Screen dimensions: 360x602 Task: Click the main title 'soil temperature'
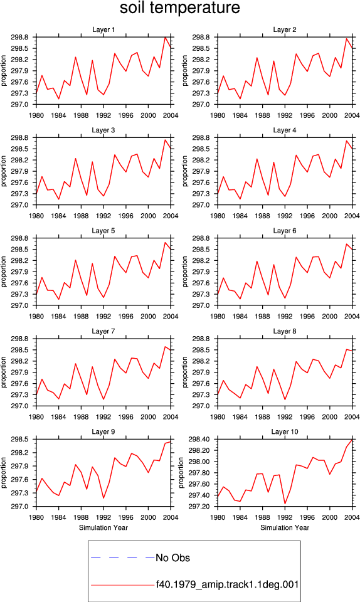click(x=179, y=8)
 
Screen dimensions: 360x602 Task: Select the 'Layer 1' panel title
click(x=103, y=29)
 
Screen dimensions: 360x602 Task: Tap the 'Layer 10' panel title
click(x=284, y=431)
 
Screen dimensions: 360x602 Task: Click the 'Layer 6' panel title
click(x=284, y=230)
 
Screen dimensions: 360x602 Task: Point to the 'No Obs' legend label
click(x=172, y=558)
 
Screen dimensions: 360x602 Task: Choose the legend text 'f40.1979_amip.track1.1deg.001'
click(x=227, y=584)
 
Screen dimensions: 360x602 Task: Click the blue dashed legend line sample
click(x=123, y=557)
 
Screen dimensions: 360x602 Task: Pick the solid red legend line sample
click(x=123, y=585)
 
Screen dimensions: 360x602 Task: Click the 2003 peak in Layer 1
click(x=165, y=37)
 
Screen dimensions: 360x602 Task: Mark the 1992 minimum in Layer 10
click(x=285, y=504)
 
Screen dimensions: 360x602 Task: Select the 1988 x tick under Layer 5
click(x=81, y=316)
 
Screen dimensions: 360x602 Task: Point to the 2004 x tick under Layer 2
click(x=352, y=115)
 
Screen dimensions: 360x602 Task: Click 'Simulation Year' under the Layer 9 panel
click(x=103, y=527)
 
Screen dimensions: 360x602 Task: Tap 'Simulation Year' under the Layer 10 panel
click(x=284, y=527)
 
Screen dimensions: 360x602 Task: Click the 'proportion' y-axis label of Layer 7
click(x=4, y=372)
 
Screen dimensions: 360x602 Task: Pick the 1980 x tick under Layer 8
click(x=218, y=417)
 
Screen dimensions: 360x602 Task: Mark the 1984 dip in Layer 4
click(x=240, y=199)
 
